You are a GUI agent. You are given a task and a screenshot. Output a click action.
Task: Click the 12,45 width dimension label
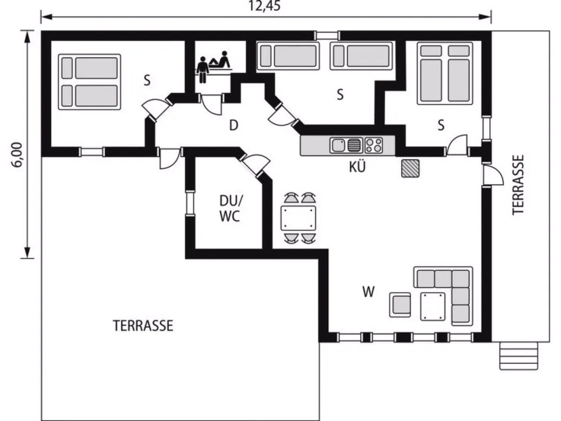click(x=265, y=6)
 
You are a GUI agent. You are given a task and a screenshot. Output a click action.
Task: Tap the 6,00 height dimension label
click(x=18, y=155)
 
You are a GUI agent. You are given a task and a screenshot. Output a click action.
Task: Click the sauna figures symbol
click(x=213, y=66)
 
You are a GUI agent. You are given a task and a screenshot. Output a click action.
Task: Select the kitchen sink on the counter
click(x=346, y=145)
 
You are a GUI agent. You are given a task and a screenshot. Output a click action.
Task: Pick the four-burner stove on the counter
click(x=374, y=145)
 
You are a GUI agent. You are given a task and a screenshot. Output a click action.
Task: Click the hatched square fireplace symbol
click(x=410, y=169)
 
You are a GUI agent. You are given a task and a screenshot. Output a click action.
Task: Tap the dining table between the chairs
click(x=299, y=218)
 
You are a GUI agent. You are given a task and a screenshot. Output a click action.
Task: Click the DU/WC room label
click(x=230, y=208)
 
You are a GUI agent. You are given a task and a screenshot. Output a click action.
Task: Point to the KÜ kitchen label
click(x=357, y=167)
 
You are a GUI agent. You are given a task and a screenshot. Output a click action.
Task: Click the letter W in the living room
click(x=368, y=292)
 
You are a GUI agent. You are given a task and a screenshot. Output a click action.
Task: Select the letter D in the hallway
click(x=233, y=126)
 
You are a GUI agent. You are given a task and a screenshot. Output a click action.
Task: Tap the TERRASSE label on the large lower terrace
click(x=143, y=326)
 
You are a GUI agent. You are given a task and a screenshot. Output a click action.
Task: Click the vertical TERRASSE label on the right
click(x=518, y=185)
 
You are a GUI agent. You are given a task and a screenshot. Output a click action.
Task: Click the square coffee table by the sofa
click(x=433, y=306)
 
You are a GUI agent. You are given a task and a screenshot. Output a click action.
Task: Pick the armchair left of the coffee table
click(x=400, y=305)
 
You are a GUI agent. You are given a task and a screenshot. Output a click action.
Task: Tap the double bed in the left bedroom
click(x=89, y=82)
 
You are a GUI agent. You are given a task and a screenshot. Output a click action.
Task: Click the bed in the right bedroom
click(x=445, y=73)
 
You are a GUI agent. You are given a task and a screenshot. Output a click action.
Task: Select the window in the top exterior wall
click(x=327, y=36)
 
